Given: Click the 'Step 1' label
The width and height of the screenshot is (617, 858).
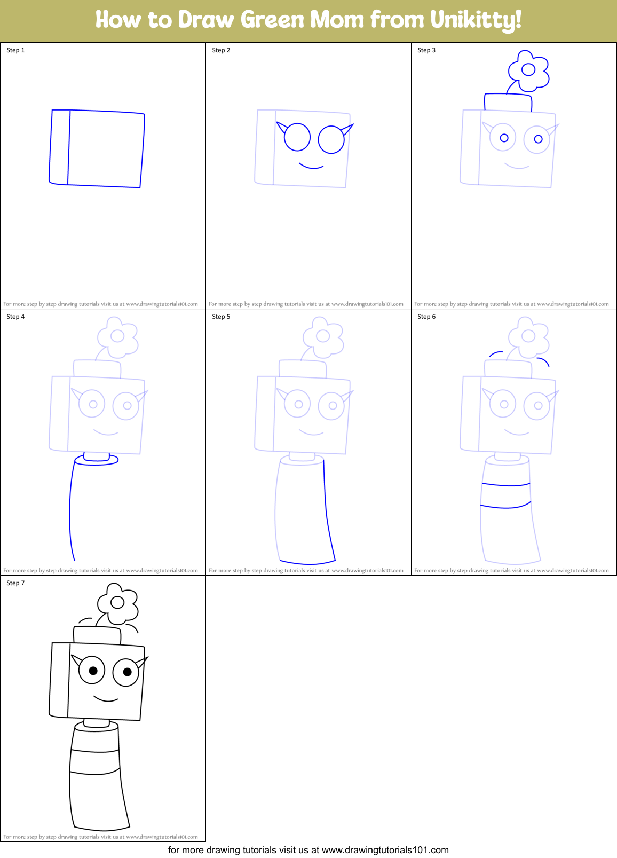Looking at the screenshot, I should point(15,50).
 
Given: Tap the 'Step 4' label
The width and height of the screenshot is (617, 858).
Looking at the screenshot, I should point(15,317).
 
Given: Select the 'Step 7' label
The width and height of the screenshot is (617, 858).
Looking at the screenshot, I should point(15,583).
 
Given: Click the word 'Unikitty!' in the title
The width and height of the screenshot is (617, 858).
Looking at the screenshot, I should point(476,20).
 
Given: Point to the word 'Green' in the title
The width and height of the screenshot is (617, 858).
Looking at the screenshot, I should point(272,20).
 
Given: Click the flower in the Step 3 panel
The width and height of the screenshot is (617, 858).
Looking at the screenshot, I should point(528,70).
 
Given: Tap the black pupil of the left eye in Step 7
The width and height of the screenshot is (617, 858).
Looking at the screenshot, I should point(93,671).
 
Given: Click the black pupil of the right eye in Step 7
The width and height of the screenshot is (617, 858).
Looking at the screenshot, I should point(127,672).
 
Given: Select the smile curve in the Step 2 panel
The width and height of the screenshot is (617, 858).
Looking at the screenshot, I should point(311,167).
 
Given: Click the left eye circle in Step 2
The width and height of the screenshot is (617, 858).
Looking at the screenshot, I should point(297,137).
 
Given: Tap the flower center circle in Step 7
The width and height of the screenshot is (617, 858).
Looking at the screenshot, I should point(117,603).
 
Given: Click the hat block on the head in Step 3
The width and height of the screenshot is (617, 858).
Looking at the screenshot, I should point(508,103).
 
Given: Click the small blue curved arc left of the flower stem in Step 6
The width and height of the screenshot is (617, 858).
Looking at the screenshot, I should point(496,353).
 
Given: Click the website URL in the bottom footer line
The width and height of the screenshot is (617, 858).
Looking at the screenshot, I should point(385,850).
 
